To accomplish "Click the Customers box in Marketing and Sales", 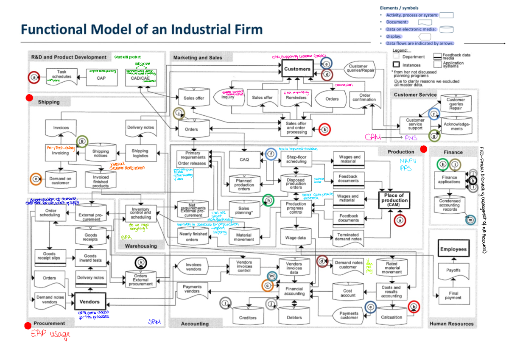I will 297,69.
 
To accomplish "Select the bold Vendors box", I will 89,301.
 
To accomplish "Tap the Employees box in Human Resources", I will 453,249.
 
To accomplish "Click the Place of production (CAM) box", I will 394,200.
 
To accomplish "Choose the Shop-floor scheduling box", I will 296,159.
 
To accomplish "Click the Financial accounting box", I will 294,291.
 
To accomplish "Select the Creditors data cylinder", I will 248,316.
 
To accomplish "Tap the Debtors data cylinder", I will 294,316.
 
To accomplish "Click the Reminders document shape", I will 296,98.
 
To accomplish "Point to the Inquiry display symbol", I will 229,97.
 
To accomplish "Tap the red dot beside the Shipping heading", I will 29,98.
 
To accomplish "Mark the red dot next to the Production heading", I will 423,149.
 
